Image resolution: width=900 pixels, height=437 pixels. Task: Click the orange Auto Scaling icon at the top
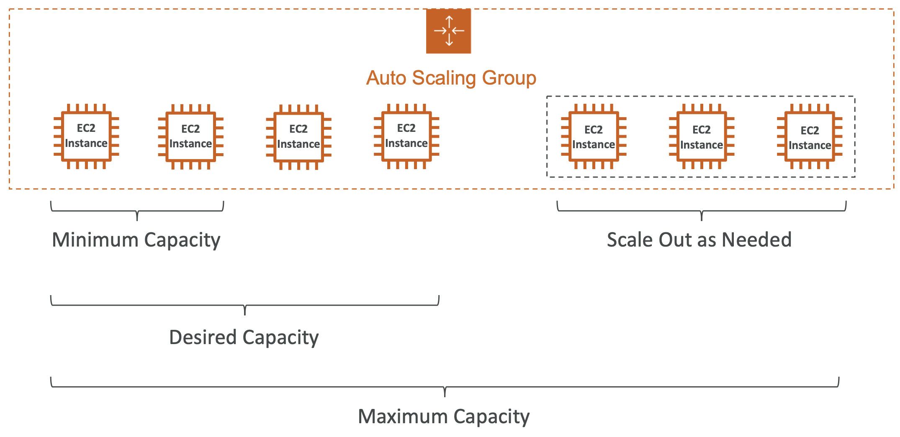[x=448, y=31]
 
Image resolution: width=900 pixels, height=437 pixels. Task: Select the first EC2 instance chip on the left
[x=86, y=136]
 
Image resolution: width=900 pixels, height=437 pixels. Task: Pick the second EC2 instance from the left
[x=190, y=137]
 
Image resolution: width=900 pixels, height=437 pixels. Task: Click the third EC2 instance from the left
[x=298, y=137]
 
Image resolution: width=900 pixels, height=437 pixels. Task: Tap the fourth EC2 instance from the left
[x=406, y=136]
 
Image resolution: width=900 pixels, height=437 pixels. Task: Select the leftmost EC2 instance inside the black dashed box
[x=594, y=137]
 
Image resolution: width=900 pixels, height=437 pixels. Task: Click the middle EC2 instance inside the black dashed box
[x=702, y=137]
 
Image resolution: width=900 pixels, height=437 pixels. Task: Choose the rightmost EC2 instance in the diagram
[x=810, y=137]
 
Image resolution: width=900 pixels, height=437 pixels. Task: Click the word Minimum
[x=95, y=240]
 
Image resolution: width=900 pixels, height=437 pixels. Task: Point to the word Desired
[x=203, y=337]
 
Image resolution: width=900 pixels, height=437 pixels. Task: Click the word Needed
[x=757, y=240]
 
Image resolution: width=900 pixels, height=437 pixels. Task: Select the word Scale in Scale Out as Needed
[x=630, y=240]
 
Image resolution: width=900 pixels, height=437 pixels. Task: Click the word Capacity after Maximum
[x=491, y=417]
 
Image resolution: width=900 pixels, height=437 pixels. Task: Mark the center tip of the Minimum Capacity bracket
[x=137, y=219]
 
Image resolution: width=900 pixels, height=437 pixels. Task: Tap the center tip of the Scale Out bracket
[x=702, y=219]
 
